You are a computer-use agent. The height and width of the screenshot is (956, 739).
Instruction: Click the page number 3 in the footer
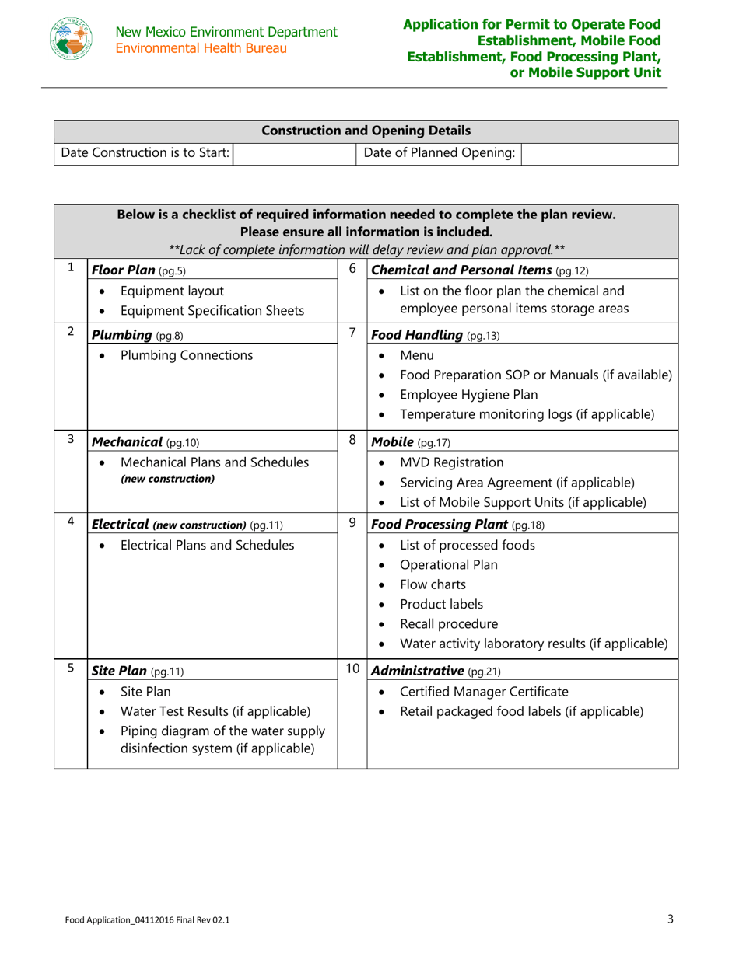[x=671, y=919]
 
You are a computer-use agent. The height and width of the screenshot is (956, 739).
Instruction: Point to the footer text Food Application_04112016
[x=147, y=920]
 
